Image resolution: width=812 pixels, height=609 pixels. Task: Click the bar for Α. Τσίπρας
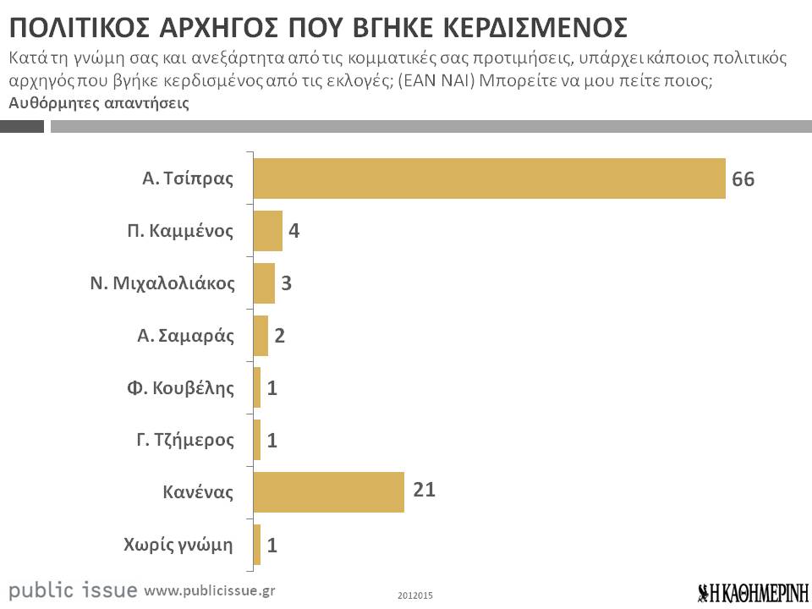point(489,178)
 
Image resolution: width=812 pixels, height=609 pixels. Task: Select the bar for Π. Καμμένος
point(267,231)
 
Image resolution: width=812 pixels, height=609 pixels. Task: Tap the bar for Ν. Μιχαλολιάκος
point(264,283)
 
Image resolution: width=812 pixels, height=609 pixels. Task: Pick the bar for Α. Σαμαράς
point(261,336)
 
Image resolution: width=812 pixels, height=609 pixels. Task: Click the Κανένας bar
point(328,492)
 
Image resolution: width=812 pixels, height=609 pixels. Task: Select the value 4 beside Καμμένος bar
point(294,231)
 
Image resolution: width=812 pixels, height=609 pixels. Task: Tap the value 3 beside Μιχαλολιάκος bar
point(287,283)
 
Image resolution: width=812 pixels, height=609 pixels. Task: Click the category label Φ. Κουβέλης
point(179,388)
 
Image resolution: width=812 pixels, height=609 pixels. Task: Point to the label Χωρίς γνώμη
point(178,544)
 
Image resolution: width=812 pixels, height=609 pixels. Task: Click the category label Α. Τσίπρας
point(187,179)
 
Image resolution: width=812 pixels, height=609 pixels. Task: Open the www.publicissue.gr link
point(210,590)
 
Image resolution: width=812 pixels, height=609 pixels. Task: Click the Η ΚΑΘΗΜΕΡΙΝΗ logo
point(753,591)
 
